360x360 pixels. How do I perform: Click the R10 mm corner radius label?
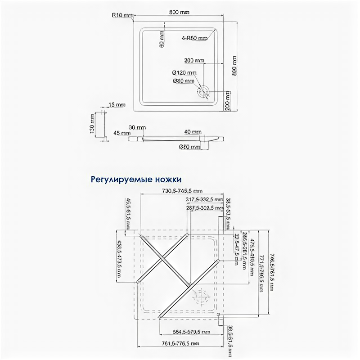coord(122,15)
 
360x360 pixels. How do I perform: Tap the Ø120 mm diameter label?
coord(184,73)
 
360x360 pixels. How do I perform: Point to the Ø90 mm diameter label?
coord(184,81)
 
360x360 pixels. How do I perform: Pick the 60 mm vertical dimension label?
coord(162,39)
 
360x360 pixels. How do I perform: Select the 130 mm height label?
coord(92,124)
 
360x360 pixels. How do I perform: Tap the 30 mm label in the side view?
coord(136,127)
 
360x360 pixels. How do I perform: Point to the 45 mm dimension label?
coord(119,133)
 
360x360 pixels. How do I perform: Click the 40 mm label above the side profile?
coord(193,131)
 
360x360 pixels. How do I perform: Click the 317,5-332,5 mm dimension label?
coord(204,199)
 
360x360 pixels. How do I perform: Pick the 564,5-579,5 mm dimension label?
coord(192,332)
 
